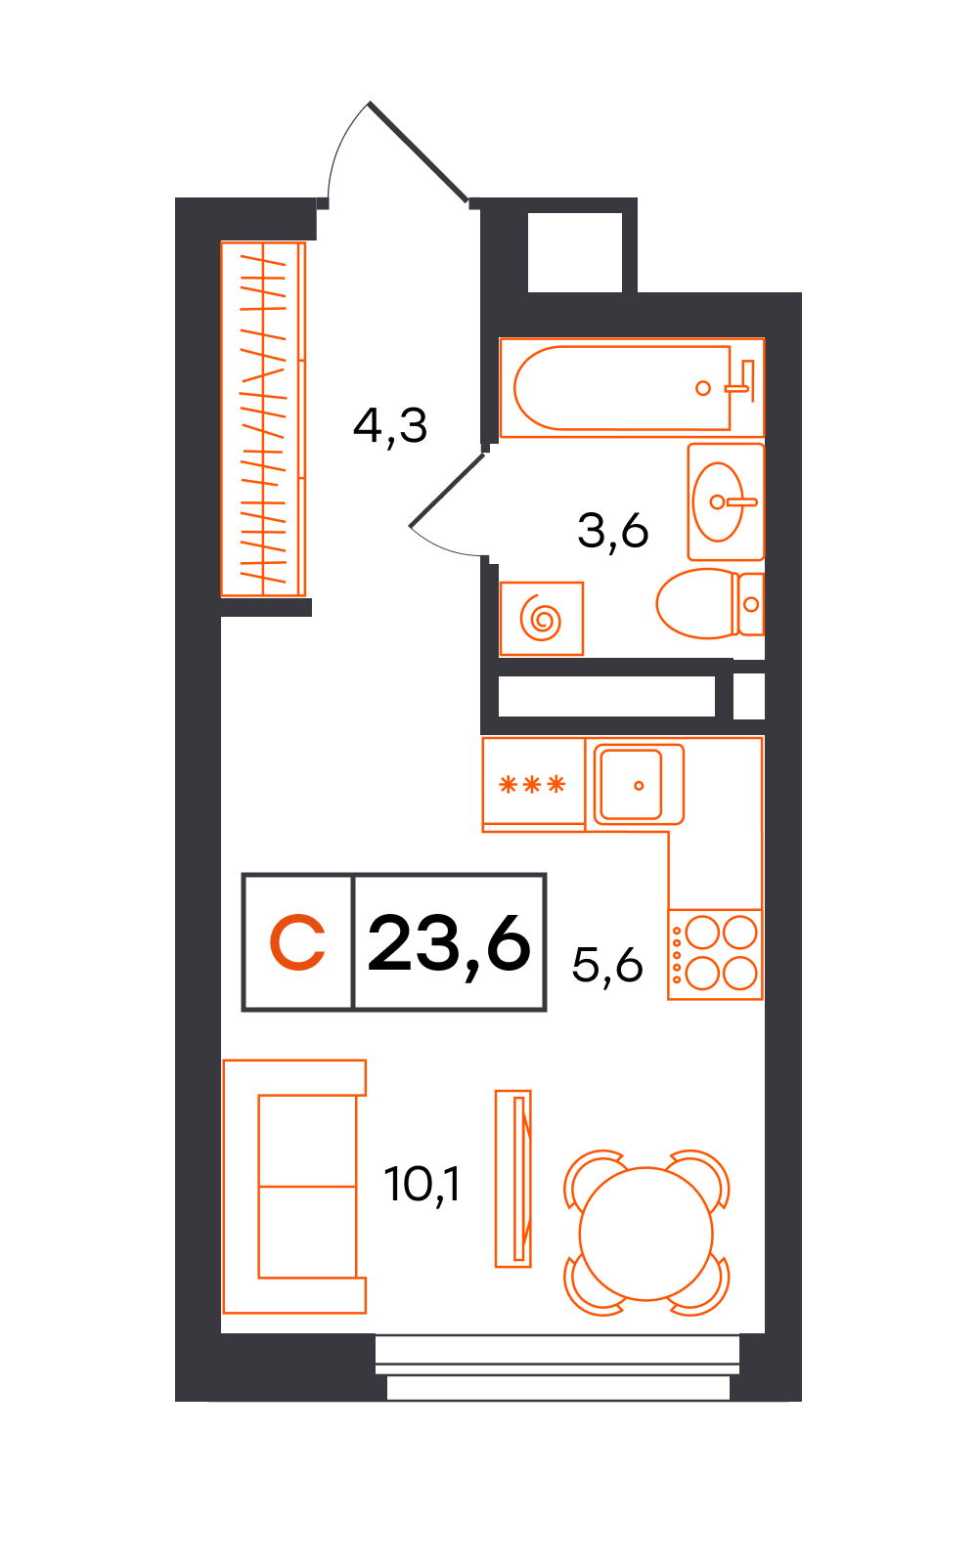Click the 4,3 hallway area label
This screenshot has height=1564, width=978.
[x=390, y=426]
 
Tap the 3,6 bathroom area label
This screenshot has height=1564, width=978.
[x=612, y=532]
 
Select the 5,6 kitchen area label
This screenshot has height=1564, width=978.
[x=607, y=966]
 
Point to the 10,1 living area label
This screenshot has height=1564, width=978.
[x=422, y=1185]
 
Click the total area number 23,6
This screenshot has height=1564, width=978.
[x=449, y=944]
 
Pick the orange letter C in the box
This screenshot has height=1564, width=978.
[x=297, y=942]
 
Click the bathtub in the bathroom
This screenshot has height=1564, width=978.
[x=632, y=387]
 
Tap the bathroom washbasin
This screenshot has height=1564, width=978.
[x=726, y=501]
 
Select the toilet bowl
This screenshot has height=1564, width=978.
[x=710, y=604]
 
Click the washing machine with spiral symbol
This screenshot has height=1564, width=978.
[x=542, y=619]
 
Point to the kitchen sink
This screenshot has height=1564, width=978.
[x=639, y=785]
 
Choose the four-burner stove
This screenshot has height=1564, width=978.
[x=715, y=954]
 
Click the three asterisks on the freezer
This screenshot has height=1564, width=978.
[x=532, y=785]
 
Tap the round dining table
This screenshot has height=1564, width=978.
[x=645, y=1235]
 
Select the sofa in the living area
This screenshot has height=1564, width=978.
[x=294, y=1187]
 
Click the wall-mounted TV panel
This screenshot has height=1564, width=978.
[x=513, y=1179]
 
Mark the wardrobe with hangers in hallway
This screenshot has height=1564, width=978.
[x=263, y=419]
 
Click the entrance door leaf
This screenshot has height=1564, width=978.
[x=418, y=152]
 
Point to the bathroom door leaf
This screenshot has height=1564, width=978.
[x=446, y=490]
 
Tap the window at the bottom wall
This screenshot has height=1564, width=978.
[x=557, y=1368]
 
